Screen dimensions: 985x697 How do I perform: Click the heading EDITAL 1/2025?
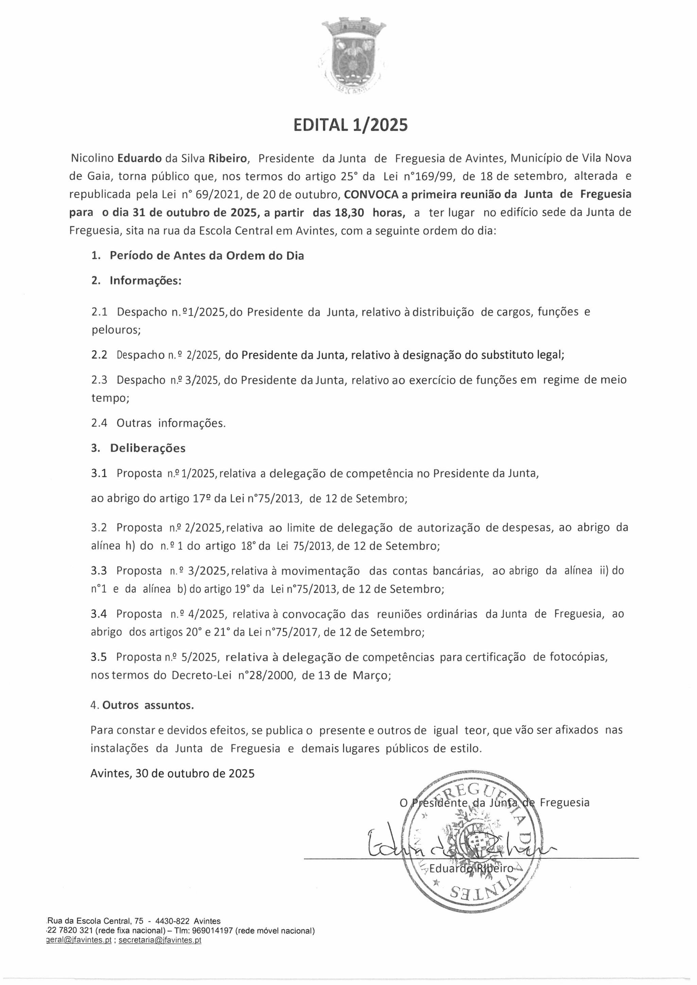[350, 125]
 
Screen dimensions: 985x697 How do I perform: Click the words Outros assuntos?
[147, 705]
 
